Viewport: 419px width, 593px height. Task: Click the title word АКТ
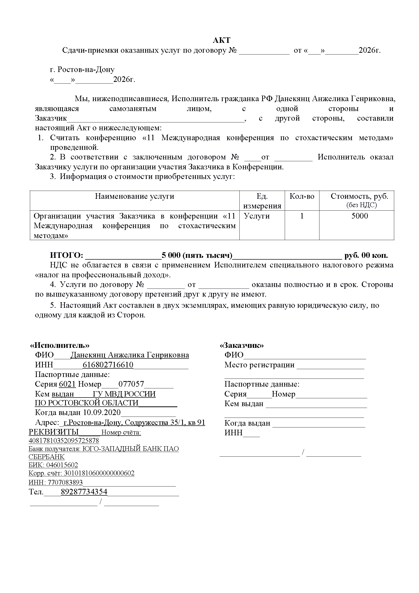pos(221,40)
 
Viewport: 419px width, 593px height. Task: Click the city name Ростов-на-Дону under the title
pos(86,69)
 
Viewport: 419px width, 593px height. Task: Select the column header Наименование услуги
pos(135,196)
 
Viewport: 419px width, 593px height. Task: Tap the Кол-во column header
pos(302,196)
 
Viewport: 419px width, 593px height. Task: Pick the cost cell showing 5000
pos(360,216)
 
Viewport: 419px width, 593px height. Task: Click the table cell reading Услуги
pos(257,216)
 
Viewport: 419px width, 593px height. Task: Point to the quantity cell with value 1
pos(302,216)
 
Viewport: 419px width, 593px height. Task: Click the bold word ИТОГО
pos(66,255)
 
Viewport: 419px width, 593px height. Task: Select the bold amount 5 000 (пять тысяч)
pos(197,255)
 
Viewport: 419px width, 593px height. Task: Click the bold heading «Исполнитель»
pos(60,345)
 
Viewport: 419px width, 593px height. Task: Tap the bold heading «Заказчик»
pos(241,345)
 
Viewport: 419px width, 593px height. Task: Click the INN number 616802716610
pos(108,365)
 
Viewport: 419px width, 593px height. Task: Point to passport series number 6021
pos(67,384)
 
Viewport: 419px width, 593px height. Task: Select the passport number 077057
pos(131,384)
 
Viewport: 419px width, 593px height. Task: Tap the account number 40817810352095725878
pos(64,440)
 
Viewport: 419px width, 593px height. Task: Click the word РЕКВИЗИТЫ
pos(54,432)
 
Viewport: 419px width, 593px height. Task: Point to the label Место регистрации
pos(259,365)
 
